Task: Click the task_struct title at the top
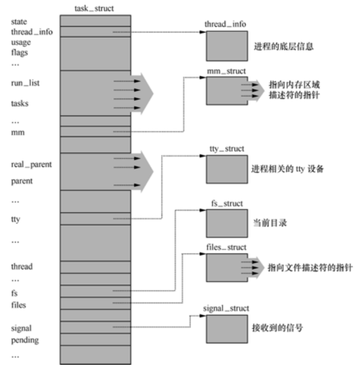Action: tap(95, 9)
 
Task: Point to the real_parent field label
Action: tap(31, 164)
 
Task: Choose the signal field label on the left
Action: tap(21, 328)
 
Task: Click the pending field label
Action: tap(24, 340)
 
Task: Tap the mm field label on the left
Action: tap(17, 133)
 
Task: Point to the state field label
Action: tap(19, 21)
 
